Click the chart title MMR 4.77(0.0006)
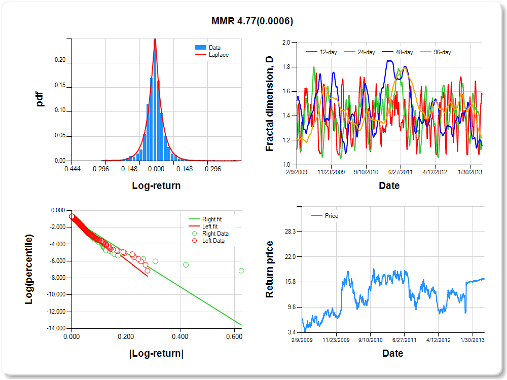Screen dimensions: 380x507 [252, 21]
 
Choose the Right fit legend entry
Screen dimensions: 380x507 [211, 219]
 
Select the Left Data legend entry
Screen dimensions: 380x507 [214, 241]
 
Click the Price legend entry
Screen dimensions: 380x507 [331, 216]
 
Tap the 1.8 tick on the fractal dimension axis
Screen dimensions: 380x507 [285, 67]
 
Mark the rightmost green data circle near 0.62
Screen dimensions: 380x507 [241, 271]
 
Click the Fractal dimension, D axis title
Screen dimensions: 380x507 [270, 104]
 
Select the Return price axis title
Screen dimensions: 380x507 [270, 269]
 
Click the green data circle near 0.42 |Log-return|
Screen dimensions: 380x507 [186, 264]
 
